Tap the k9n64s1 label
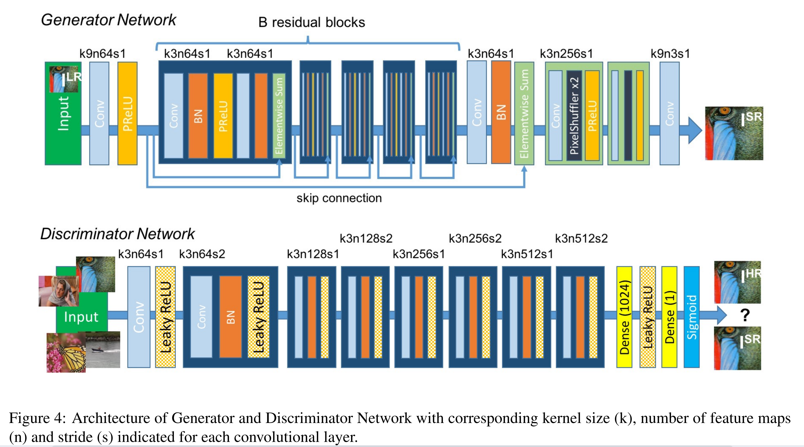[x=102, y=54]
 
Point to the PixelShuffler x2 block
[x=574, y=116]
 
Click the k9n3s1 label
[x=670, y=54]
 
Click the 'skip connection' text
[x=339, y=198]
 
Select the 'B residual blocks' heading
[x=311, y=23]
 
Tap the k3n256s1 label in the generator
[x=566, y=54]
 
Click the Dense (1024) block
[x=624, y=317]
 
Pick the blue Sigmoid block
[x=692, y=317]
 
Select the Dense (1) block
[x=669, y=317]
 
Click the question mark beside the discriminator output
[x=745, y=315]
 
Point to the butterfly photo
[x=66, y=352]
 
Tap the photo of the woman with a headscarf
[x=59, y=291]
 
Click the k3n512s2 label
[x=581, y=239]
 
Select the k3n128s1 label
[x=313, y=254]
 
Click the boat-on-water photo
[x=103, y=350]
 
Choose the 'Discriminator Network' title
[x=117, y=234]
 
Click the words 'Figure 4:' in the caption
[x=37, y=418]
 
